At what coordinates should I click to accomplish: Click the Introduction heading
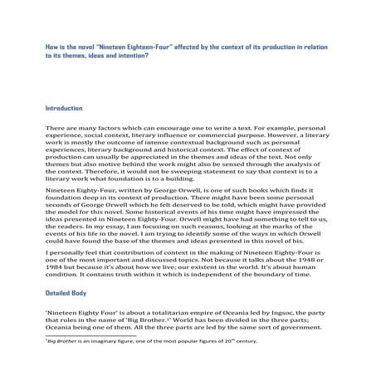[64, 109]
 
